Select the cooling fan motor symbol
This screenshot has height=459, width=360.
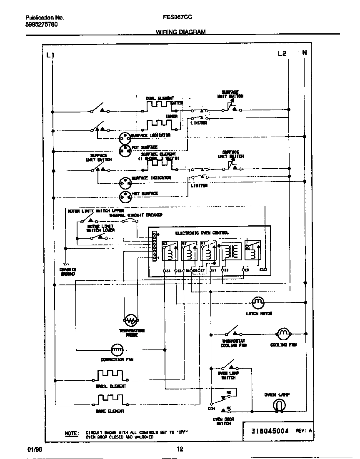[x=283, y=333]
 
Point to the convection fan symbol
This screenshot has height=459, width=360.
[x=117, y=349]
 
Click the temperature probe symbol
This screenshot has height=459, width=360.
[x=131, y=320]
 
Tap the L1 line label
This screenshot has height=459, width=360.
[x=50, y=55]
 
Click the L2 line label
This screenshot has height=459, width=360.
[x=282, y=53]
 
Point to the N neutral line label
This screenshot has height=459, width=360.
[x=304, y=52]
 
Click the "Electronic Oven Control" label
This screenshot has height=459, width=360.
[x=202, y=233]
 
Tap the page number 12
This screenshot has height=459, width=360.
[x=180, y=449]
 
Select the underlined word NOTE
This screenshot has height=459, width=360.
[x=71, y=433]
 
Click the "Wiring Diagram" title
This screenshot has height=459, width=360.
[x=180, y=32]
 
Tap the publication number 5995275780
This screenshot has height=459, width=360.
[x=42, y=25]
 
